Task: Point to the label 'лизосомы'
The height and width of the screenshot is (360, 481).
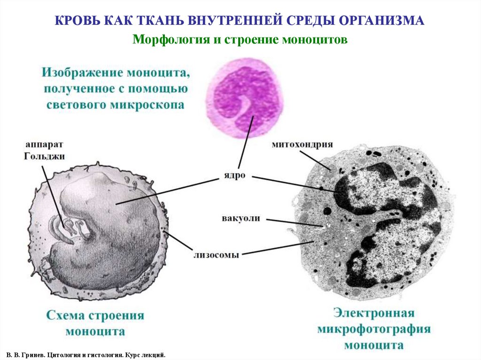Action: [x=216, y=255]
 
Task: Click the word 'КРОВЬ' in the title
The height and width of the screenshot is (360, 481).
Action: [x=74, y=21]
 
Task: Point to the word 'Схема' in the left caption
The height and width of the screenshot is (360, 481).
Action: [x=65, y=315]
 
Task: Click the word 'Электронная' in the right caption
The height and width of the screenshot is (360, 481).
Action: [x=374, y=313]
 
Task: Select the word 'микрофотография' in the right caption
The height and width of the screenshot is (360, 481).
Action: [x=374, y=329]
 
